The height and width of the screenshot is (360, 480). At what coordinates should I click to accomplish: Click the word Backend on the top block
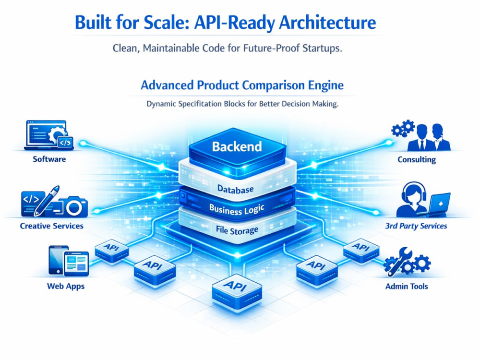click(237, 146)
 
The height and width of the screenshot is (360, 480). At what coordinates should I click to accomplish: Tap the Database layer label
click(235, 189)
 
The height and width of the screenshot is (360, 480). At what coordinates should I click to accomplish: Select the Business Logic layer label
click(237, 210)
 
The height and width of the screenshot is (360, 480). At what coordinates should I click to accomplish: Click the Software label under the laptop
click(49, 159)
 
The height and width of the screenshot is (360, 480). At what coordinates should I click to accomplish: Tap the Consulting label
click(417, 159)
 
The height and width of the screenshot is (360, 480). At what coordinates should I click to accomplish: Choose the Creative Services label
click(52, 226)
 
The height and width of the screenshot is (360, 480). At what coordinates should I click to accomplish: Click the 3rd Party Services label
click(416, 226)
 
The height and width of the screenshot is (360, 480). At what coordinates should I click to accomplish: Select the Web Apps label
click(66, 286)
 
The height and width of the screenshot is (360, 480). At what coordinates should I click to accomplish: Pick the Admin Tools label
click(407, 286)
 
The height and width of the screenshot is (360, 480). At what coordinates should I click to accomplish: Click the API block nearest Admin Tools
click(361, 251)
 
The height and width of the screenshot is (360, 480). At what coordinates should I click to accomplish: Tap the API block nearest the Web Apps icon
click(112, 251)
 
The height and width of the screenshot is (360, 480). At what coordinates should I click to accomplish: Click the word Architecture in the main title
click(327, 23)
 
